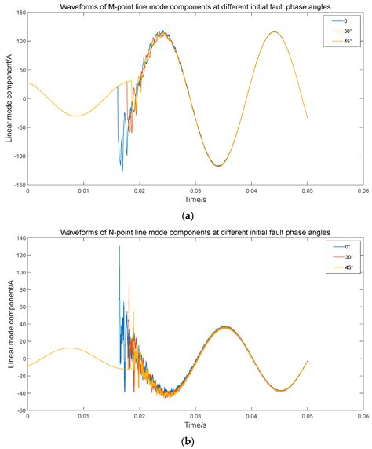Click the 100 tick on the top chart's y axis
(19, 41)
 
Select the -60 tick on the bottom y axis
(19, 410)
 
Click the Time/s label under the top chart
(195, 200)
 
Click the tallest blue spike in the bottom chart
(119, 247)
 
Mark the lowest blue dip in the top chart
(122, 171)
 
